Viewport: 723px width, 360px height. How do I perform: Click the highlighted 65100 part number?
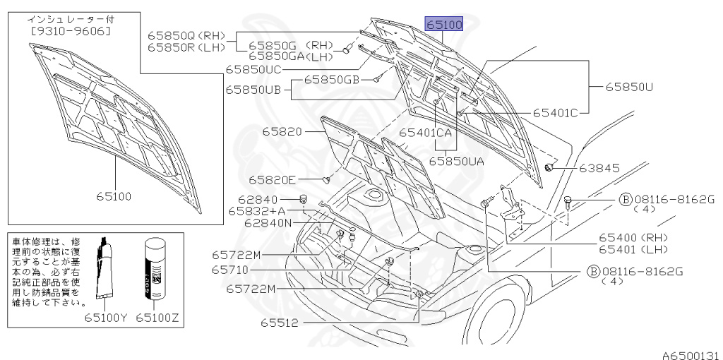click(443, 25)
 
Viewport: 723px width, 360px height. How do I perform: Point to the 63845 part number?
click(599, 168)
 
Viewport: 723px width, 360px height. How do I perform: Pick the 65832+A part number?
click(258, 210)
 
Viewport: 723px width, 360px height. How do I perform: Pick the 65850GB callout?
click(332, 80)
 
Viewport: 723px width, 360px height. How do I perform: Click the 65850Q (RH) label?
click(185, 35)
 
